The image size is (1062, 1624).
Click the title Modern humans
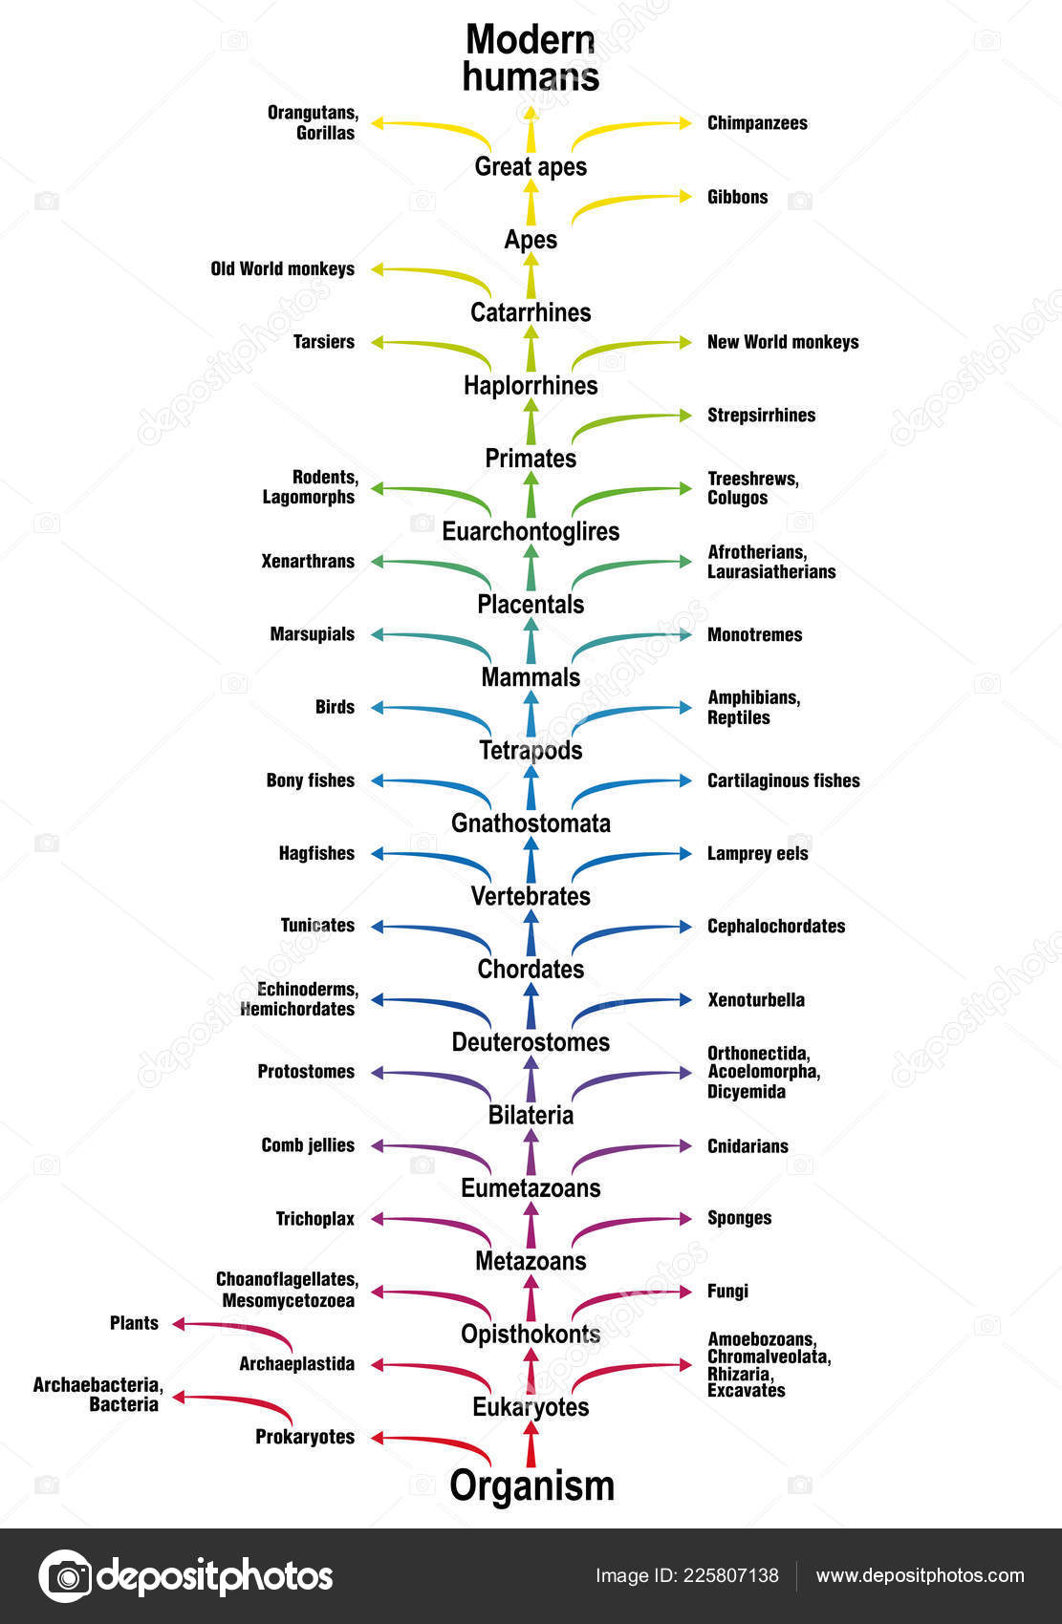531,58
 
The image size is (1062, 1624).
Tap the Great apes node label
531,166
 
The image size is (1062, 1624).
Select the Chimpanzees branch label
757,123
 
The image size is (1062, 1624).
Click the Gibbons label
737,197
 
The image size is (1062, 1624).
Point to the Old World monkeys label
282,269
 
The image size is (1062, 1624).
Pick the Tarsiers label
323,342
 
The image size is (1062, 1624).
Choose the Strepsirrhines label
761,416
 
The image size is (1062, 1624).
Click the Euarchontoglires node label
531,531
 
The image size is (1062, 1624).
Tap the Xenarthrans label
308,562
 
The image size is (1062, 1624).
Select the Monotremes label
754,635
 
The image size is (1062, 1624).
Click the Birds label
335,708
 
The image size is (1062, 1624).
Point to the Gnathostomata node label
531,823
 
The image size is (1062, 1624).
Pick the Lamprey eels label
757,854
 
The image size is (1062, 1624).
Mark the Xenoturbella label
755,1000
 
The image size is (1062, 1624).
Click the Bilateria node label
531,1115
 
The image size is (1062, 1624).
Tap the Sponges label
739,1218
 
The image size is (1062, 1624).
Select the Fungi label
727,1292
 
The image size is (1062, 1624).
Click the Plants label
134,1323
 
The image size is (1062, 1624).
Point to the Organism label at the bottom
531,1486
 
